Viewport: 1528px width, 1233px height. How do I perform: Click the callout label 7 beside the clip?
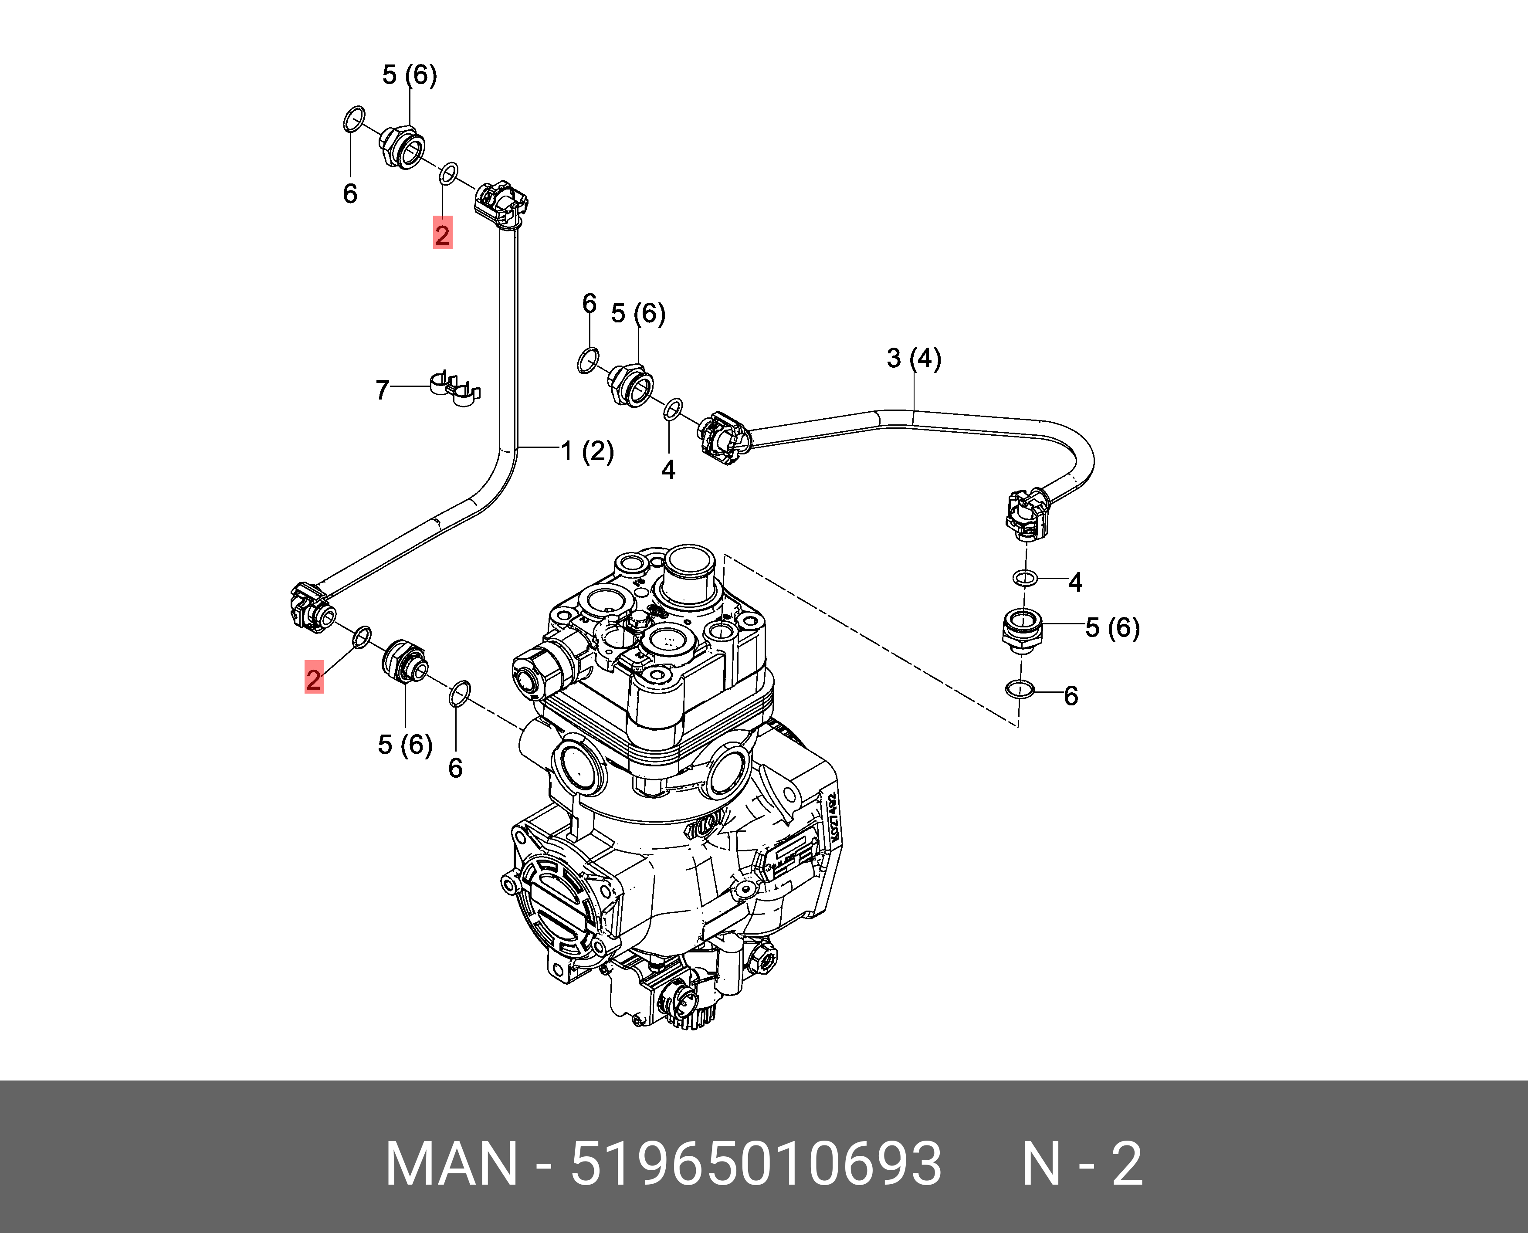click(x=382, y=390)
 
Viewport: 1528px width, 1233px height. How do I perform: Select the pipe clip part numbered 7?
click(x=454, y=389)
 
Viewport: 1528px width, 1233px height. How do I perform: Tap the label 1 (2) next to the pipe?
click(x=587, y=451)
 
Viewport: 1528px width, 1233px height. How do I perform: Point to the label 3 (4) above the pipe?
click(x=914, y=359)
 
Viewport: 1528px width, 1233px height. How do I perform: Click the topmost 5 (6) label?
click(x=409, y=75)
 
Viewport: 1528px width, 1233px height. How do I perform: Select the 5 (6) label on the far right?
click(x=1112, y=628)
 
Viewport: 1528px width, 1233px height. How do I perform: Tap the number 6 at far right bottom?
click(x=1071, y=696)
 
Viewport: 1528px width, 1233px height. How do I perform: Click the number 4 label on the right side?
click(x=1075, y=583)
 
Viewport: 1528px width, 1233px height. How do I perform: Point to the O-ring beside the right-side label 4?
click(x=1024, y=578)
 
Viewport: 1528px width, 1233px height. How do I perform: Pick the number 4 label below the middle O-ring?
click(x=668, y=470)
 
